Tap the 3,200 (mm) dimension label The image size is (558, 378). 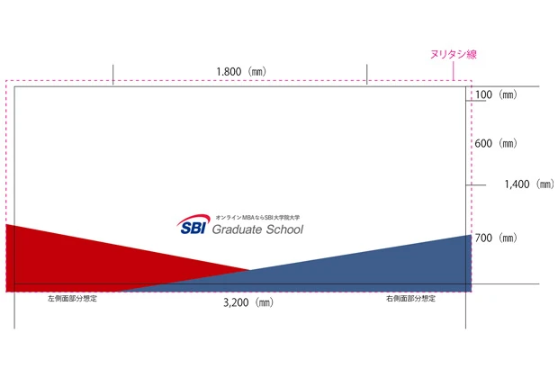coord(247,303)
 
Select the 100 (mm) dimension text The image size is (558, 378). coord(495,94)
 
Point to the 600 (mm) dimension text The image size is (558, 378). coord(495,144)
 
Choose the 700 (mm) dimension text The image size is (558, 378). coord(495,238)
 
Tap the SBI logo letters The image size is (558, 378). coord(191,228)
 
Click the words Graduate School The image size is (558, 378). coord(256,229)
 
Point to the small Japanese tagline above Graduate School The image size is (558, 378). coord(256,217)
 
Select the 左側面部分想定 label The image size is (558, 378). coord(72,298)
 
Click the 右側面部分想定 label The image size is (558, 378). coord(411,298)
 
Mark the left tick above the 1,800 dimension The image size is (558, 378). coord(112,74)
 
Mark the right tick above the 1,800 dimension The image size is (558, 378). coord(367,74)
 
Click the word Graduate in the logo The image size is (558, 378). coord(236,229)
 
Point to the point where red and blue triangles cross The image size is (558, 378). coord(250,270)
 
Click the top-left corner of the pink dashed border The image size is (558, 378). coord(6,80)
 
